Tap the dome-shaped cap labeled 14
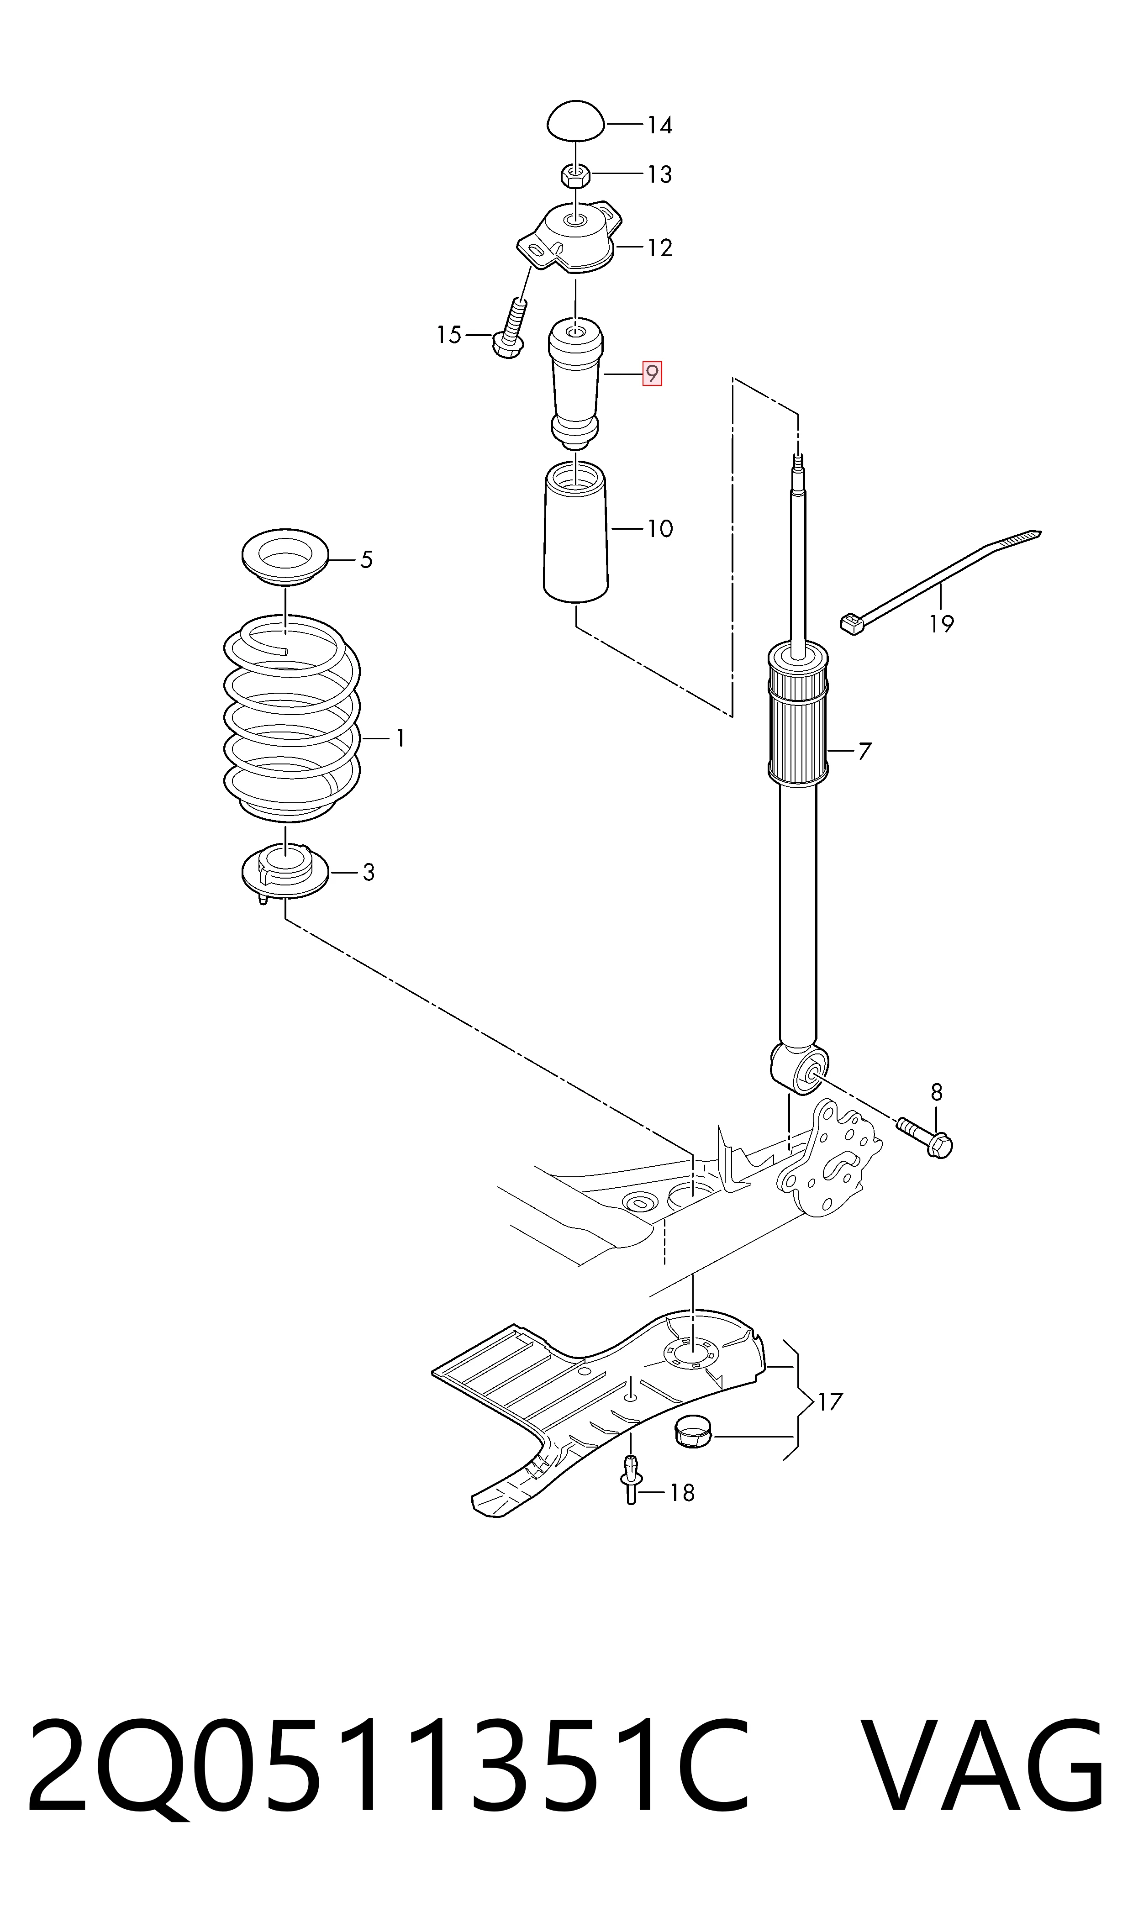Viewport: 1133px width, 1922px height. (x=576, y=121)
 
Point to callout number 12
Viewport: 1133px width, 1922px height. (x=659, y=248)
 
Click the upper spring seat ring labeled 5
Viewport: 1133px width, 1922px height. (x=284, y=558)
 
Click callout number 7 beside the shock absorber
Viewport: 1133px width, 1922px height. (x=864, y=752)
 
